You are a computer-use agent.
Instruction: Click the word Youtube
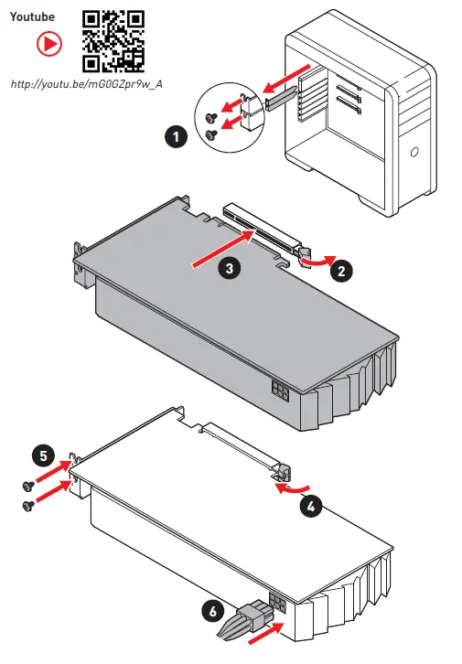(32, 17)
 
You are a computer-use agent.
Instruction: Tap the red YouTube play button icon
(49, 44)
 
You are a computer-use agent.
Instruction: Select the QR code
(113, 41)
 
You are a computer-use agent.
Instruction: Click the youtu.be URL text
(86, 84)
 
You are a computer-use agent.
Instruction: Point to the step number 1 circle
(176, 137)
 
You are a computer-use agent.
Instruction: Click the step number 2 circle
(341, 271)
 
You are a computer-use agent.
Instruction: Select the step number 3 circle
(229, 268)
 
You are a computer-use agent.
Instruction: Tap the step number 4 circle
(311, 506)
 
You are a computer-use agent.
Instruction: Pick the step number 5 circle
(44, 456)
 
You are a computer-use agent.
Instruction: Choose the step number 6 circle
(213, 611)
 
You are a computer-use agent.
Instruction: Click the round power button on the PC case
(414, 152)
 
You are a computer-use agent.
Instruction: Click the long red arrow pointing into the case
(286, 79)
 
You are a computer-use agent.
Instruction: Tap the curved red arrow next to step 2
(318, 262)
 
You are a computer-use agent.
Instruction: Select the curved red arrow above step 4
(292, 488)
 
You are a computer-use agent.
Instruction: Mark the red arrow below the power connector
(265, 633)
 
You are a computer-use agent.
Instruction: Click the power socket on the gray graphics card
(281, 391)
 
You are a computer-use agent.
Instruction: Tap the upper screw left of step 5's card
(28, 487)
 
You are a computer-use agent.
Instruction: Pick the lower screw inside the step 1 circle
(211, 134)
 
